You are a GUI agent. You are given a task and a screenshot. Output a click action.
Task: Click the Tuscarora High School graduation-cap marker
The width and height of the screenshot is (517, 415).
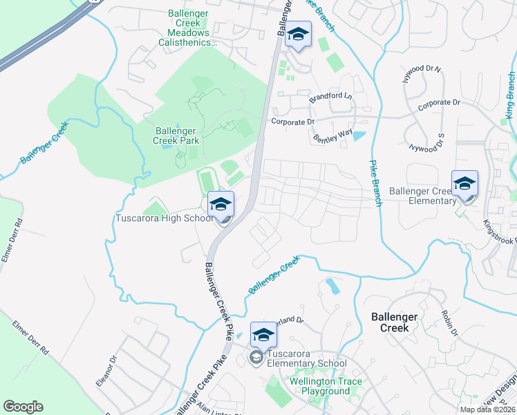(x=220, y=204)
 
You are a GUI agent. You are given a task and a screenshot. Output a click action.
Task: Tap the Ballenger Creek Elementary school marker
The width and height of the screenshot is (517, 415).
(x=464, y=183)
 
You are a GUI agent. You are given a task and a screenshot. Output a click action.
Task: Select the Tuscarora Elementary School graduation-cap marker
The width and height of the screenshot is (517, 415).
(x=263, y=335)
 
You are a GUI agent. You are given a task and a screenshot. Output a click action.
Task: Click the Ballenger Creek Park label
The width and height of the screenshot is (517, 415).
(x=177, y=136)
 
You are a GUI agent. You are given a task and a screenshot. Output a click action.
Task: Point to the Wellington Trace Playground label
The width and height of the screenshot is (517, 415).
(x=320, y=386)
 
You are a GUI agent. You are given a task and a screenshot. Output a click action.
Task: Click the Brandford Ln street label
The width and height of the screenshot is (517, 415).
(x=330, y=98)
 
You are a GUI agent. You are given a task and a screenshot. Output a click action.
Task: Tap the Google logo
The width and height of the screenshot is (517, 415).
(x=23, y=407)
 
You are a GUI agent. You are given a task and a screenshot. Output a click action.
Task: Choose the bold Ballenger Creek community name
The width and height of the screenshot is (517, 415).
(x=394, y=322)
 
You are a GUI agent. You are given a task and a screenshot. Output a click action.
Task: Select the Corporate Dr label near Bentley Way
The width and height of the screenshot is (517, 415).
(x=292, y=122)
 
